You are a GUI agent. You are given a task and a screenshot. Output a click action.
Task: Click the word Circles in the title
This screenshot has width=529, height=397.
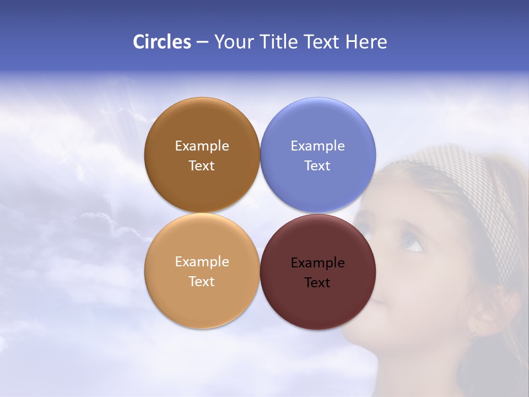[162, 42]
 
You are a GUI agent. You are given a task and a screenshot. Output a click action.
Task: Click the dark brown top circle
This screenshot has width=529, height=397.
[202, 127]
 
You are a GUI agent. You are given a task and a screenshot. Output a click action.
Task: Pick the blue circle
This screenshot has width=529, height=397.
[318, 127]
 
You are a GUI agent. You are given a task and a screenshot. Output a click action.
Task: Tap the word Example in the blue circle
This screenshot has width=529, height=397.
[318, 146]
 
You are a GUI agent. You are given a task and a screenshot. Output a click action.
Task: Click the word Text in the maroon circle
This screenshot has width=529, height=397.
[317, 283]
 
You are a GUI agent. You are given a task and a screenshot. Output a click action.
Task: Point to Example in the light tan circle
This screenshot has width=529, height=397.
[202, 262]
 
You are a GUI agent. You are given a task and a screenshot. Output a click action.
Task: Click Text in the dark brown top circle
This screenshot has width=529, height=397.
[202, 166]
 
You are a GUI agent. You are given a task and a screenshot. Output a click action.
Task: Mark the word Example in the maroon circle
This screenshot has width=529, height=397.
[318, 263]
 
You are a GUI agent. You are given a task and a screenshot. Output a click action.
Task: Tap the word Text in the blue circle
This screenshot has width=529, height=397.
[317, 166]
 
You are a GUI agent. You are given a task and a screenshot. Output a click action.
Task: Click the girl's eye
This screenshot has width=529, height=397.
[411, 242]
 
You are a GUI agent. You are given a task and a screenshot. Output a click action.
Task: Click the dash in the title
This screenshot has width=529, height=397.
[202, 42]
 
